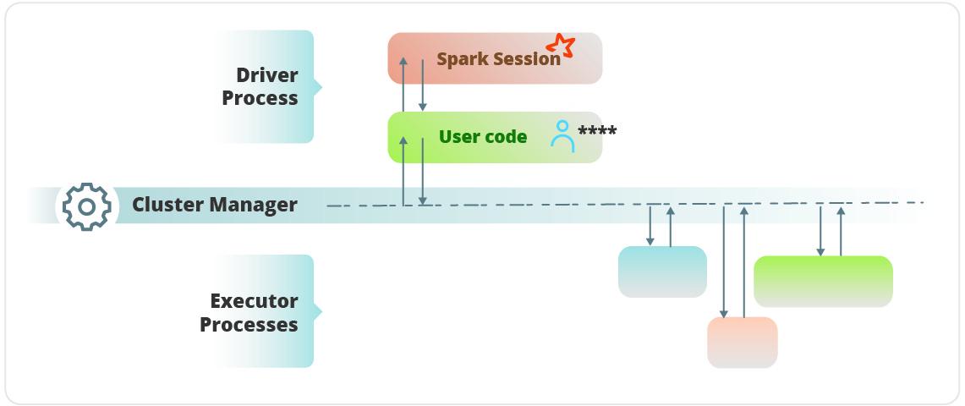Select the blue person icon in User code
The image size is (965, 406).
pos(562,135)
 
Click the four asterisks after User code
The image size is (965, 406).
pos(597,132)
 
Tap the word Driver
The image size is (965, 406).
pos(267,74)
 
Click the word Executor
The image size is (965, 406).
pos(254,301)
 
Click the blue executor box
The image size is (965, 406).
pos(662,272)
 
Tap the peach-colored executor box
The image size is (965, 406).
pos(742,342)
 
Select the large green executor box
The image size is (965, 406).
pos(823,281)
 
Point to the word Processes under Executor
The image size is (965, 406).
pos(249,325)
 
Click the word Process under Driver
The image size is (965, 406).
pos(260,98)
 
